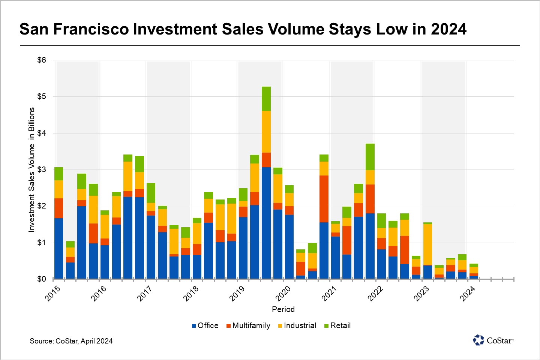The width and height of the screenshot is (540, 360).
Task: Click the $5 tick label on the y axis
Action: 41,97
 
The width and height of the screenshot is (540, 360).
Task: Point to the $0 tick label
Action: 41,279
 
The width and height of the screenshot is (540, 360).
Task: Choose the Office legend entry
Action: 205,325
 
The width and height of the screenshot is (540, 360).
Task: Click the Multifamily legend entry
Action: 248,325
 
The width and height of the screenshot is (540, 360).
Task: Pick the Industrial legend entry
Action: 297,325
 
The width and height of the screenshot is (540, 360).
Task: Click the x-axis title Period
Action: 283,309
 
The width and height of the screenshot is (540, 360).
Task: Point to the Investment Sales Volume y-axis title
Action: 31,169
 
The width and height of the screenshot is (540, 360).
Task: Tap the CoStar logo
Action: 493,340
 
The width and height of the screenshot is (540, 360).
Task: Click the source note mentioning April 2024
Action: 71,341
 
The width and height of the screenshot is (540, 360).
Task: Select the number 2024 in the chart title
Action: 448,29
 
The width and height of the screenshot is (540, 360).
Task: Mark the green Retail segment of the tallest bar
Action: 266,99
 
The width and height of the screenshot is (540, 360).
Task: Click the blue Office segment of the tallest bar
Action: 266,223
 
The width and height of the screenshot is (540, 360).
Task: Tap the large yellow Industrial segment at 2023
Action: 427,244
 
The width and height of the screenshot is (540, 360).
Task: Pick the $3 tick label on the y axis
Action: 41,169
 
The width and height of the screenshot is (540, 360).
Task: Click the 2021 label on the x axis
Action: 329,293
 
